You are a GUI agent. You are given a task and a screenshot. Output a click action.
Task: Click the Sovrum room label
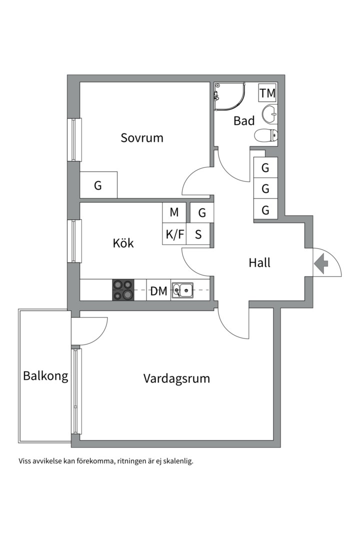tap(141, 138)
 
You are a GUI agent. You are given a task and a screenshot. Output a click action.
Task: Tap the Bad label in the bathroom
tap(244, 120)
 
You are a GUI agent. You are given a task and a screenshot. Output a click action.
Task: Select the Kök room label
tap(123, 243)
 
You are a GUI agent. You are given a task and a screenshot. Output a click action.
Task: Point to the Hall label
tap(259, 263)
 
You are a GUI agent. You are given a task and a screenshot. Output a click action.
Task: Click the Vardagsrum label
tap(176, 378)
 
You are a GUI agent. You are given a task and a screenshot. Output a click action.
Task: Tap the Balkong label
tap(45, 375)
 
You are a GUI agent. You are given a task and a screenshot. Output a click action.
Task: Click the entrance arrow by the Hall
tap(321, 264)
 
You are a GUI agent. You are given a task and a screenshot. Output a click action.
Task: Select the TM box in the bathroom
tap(267, 92)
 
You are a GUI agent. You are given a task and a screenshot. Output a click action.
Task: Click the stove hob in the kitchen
tap(123, 289)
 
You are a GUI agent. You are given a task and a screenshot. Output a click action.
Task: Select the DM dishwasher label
tap(159, 291)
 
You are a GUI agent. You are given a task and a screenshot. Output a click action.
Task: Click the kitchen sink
tap(182, 289)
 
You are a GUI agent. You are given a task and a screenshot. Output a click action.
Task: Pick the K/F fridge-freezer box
tap(174, 234)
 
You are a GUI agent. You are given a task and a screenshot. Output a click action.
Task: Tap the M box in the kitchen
tap(174, 212)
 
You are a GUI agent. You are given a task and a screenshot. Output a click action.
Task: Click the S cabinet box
tap(198, 234)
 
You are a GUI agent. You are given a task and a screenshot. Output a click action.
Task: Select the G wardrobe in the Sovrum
tap(98, 185)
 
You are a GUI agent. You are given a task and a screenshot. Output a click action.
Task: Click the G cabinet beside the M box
tap(202, 212)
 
